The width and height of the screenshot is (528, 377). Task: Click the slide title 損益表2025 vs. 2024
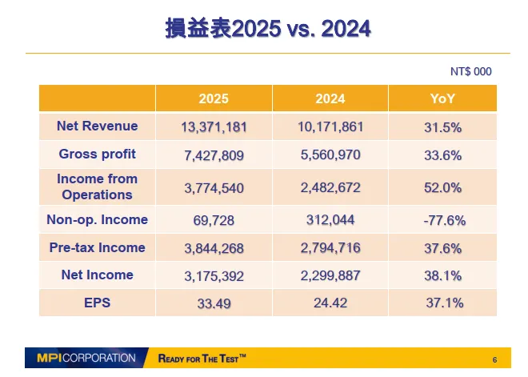click(x=268, y=30)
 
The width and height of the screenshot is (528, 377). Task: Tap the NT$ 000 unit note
click(x=470, y=72)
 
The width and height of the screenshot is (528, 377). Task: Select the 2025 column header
click(x=214, y=98)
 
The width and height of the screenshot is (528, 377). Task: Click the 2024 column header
click(x=330, y=98)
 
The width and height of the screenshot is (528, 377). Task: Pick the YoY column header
click(x=442, y=98)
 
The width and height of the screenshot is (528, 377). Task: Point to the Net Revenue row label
click(x=97, y=126)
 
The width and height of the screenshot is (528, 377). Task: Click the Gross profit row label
click(x=97, y=154)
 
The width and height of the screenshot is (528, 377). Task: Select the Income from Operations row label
click(x=97, y=186)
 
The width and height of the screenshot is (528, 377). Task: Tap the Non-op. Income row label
click(x=97, y=219)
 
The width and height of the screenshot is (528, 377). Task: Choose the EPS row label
click(x=97, y=303)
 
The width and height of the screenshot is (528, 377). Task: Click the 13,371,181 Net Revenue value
click(x=214, y=127)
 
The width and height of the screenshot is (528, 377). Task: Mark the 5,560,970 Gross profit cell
click(x=330, y=155)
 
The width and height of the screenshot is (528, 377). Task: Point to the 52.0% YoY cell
click(x=442, y=188)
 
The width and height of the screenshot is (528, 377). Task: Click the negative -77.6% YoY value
click(x=442, y=220)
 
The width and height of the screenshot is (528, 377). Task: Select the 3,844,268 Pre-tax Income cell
click(x=214, y=248)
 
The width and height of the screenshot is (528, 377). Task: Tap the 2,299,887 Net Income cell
click(x=330, y=276)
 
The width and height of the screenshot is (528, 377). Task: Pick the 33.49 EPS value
click(x=214, y=304)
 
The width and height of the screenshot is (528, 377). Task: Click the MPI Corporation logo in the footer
click(x=86, y=358)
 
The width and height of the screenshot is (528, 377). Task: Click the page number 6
click(x=494, y=359)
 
